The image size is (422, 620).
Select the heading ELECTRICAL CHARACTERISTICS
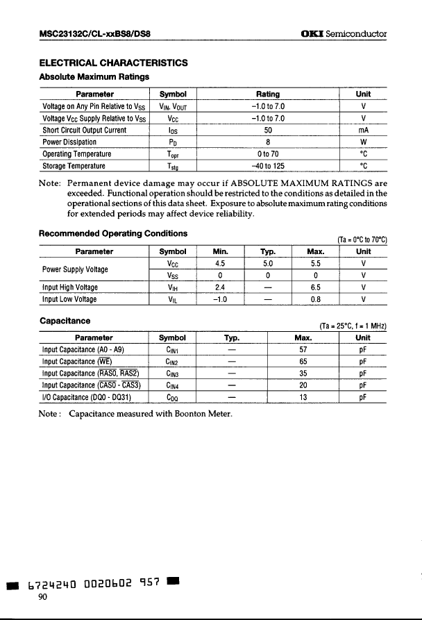click(113, 62)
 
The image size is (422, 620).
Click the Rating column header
click(267, 94)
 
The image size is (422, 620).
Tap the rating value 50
click(268, 130)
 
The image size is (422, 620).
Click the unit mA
click(362, 130)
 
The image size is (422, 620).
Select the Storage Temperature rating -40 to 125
click(268, 166)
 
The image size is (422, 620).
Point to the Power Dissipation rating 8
click(268, 142)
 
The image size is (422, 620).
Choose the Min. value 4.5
click(221, 264)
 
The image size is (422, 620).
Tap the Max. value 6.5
click(314, 287)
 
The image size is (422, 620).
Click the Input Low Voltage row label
click(69, 300)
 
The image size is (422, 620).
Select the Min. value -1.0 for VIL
click(221, 300)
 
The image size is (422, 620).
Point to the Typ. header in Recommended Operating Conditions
click(268, 251)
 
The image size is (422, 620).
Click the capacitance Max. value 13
click(303, 398)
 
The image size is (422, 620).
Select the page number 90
click(43, 602)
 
